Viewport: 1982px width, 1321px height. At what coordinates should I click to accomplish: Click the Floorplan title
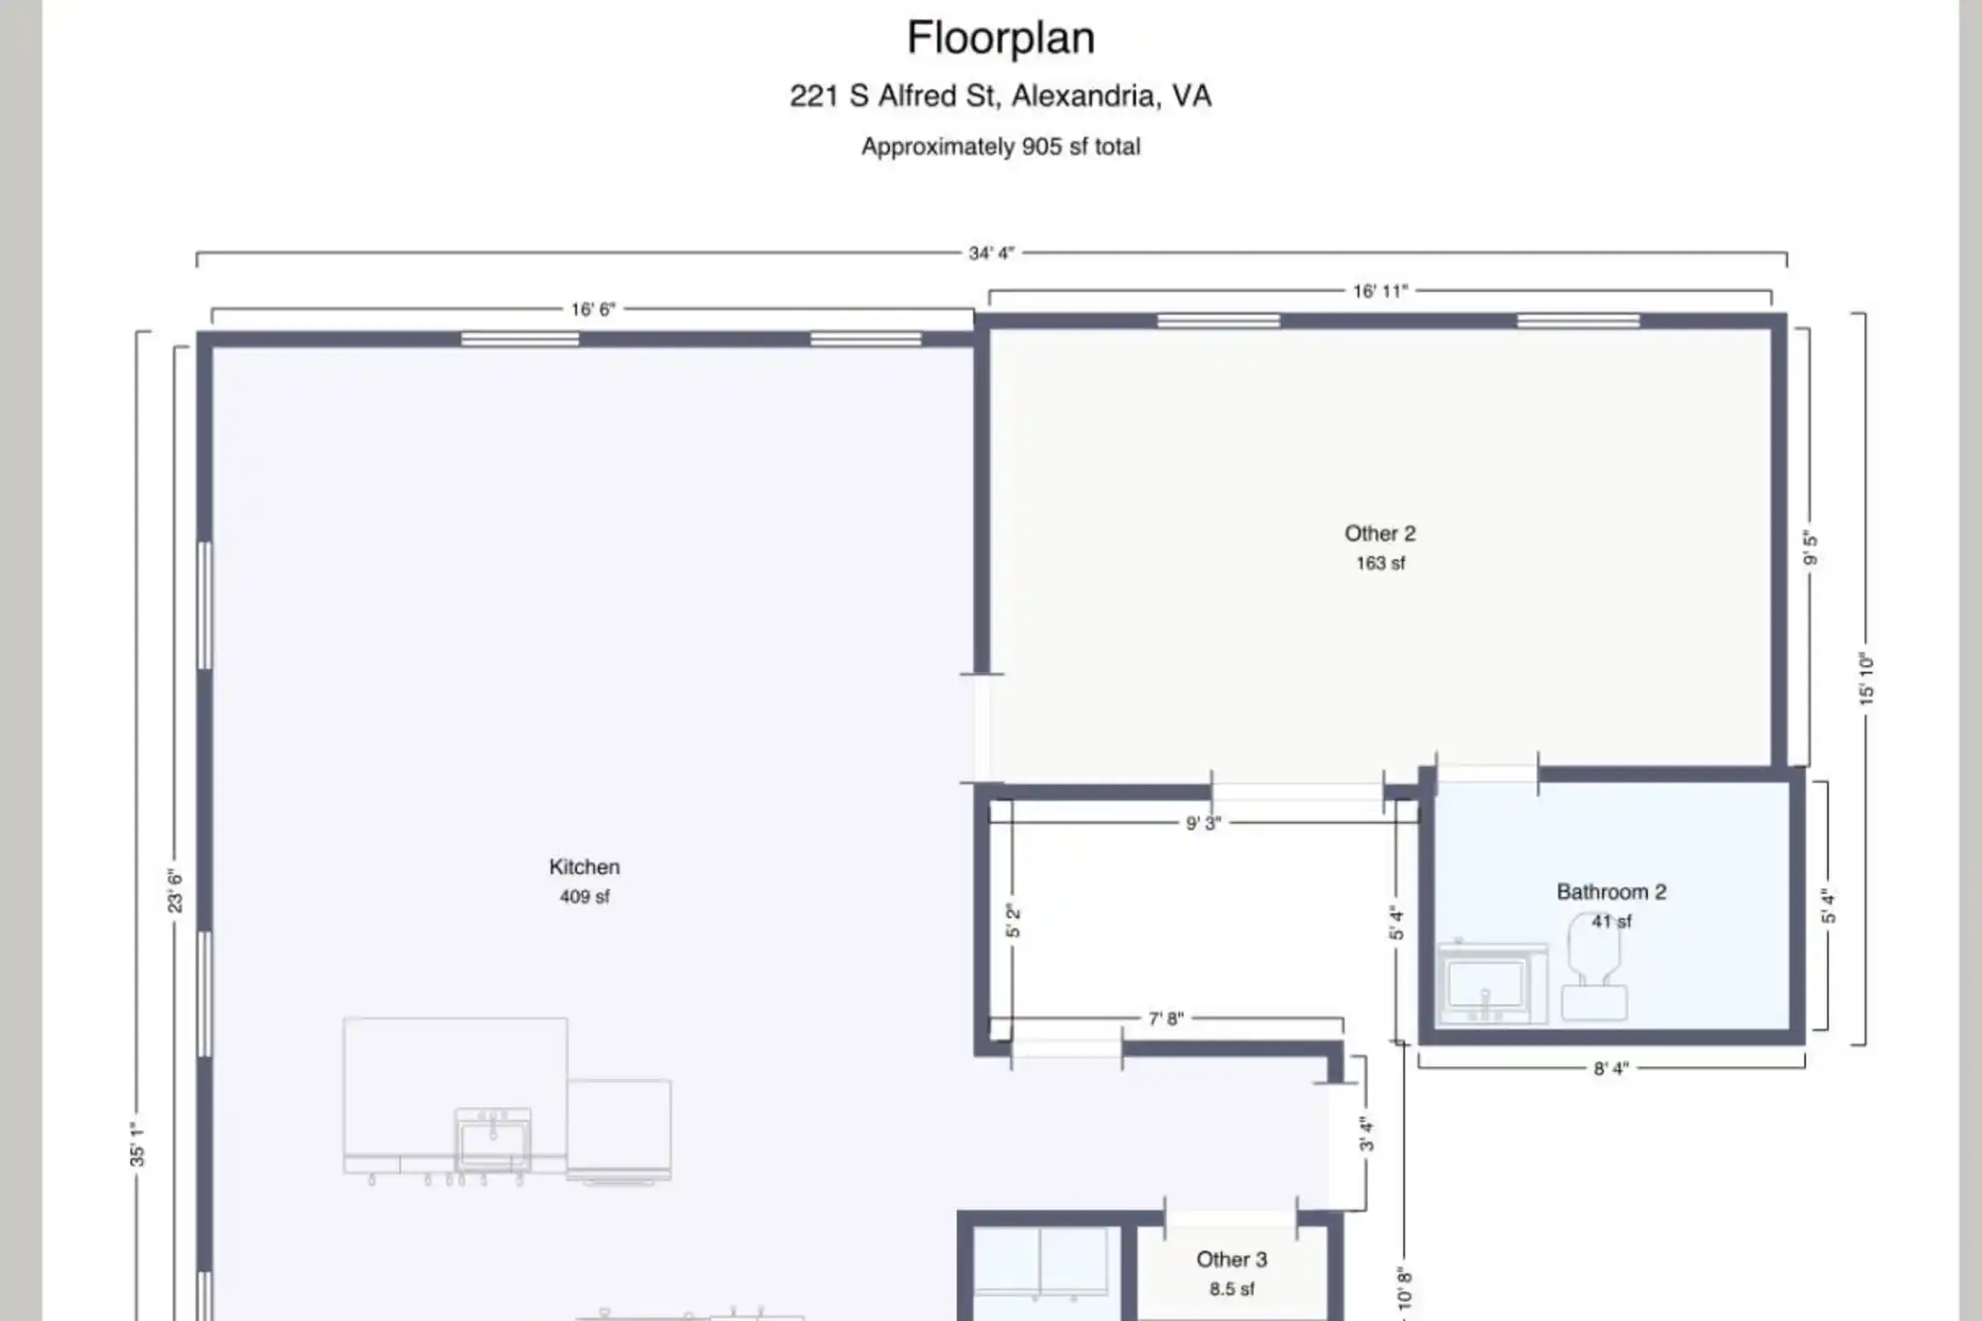click(x=1000, y=39)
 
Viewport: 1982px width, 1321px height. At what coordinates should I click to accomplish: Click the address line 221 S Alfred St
click(x=1000, y=95)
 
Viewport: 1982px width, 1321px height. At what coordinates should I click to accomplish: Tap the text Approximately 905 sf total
click(x=1000, y=147)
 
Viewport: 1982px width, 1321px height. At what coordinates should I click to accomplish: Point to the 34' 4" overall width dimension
click(x=991, y=253)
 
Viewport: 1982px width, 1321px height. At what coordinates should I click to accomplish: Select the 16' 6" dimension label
click(x=593, y=310)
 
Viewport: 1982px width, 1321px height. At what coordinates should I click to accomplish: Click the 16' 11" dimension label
click(x=1380, y=292)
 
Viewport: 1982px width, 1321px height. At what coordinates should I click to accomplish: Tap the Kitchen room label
click(x=585, y=867)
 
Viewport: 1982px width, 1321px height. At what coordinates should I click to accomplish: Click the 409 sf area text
click(x=585, y=897)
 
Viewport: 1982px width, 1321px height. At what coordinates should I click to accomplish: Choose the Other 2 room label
click(x=1380, y=534)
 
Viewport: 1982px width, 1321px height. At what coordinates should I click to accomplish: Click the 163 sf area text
click(x=1380, y=563)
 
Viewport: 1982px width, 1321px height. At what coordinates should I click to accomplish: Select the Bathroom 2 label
click(x=1611, y=892)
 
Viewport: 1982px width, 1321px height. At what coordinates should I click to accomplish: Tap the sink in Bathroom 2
click(x=1492, y=982)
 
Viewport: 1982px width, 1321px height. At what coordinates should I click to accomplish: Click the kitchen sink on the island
click(x=493, y=1140)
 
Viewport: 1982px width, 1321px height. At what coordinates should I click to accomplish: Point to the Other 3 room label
click(x=1231, y=1260)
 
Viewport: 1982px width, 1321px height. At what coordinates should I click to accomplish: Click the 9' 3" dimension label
click(x=1203, y=824)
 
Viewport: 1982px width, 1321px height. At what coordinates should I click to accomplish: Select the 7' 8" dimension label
click(x=1165, y=1018)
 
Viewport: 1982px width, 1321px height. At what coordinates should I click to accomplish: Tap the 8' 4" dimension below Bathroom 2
click(x=1611, y=1069)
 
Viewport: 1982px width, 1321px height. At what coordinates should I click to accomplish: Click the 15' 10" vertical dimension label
click(x=1866, y=679)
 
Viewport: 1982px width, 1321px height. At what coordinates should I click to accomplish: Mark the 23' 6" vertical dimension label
click(x=175, y=891)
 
